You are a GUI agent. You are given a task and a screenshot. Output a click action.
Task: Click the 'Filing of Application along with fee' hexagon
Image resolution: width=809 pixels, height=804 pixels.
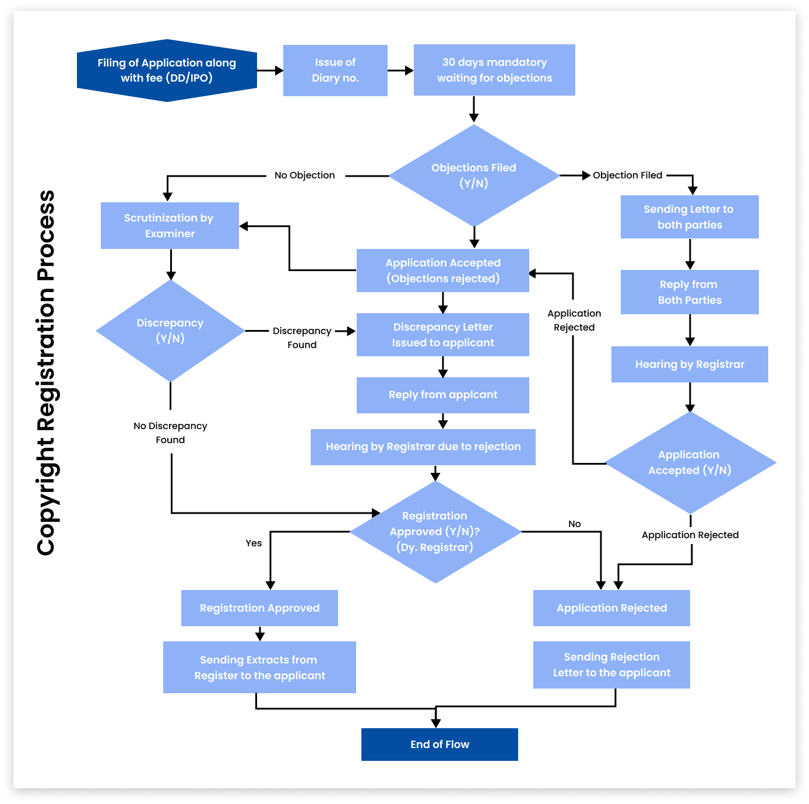[167, 71]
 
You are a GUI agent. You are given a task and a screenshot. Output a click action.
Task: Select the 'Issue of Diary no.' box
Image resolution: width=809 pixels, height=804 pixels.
[335, 71]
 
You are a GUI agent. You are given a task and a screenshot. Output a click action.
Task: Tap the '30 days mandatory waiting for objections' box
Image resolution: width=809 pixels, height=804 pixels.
[494, 70]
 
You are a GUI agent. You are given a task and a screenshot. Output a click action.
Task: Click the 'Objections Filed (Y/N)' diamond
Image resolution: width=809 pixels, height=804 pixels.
[474, 175]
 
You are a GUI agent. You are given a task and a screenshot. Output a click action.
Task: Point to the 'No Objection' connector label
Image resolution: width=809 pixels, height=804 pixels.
[304, 175]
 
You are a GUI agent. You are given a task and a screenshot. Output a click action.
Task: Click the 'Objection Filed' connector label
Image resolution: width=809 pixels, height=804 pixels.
[627, 175]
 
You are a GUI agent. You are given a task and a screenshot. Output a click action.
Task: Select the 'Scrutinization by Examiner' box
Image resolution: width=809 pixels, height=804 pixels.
[170, 226]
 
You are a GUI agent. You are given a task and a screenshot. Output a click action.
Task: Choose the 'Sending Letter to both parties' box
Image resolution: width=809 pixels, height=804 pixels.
[690, 217]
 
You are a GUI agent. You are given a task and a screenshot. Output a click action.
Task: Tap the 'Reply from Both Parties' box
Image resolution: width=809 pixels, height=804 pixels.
[690, 292]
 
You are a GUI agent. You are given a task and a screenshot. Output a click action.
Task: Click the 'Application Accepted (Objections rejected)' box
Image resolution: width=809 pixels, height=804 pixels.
[443, 271]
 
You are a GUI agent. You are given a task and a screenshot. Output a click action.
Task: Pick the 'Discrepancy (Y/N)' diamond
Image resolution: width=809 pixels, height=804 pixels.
[170, 331]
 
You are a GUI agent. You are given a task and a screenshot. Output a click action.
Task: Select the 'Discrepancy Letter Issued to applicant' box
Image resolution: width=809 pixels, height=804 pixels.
[443, 335]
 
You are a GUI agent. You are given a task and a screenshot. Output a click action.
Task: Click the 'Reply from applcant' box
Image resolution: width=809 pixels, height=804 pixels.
[443, 395]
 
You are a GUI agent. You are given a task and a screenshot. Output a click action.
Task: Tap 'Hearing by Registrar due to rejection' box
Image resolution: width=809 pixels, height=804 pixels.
[423, 447]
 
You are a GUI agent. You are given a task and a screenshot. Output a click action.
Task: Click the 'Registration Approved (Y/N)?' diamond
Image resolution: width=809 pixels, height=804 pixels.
[435, 532]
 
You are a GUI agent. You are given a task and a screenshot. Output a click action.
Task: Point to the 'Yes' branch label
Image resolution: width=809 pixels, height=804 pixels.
[254, 543]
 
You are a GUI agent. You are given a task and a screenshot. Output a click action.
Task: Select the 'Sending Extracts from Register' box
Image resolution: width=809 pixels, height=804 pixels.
[259, 668]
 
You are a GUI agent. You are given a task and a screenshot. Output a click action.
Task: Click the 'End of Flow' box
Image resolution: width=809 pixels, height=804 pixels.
[439, 745]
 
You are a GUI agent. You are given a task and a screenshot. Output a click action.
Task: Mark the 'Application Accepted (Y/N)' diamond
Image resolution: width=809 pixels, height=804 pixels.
[690, 463]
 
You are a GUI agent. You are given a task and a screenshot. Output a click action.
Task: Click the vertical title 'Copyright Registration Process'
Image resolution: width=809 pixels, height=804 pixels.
[46, 373]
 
